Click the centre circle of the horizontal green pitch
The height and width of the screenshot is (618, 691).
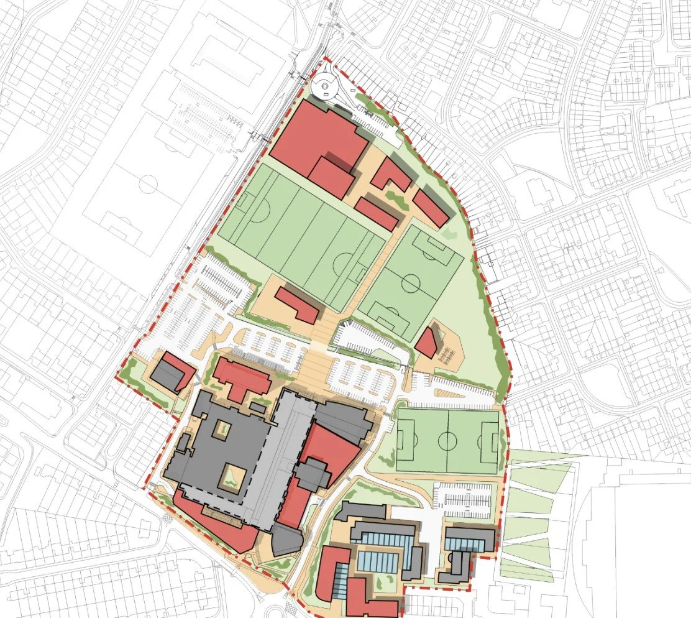tap(447, 441)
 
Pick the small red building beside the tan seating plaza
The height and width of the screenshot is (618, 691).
tap(428, 343)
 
